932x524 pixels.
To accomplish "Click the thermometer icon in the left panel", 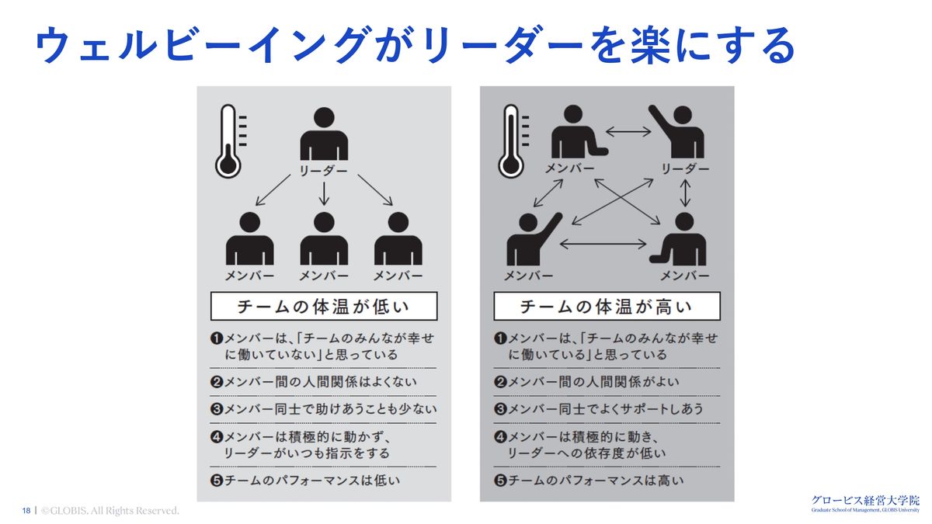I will click(228, 141).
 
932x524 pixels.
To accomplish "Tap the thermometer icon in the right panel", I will click(510, 141).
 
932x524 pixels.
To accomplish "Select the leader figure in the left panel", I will click(324, 135).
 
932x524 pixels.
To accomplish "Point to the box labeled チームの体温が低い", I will click(324, 307).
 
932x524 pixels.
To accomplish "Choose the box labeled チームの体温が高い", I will click(607, 307).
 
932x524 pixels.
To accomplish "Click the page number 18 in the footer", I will click(26, 511).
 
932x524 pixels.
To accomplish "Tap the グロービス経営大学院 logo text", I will click(864, 500).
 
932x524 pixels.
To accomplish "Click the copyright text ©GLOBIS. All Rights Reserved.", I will click(110, 511).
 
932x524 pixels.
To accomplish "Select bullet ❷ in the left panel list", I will click(217, 382).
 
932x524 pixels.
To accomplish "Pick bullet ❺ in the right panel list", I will click(501, 481).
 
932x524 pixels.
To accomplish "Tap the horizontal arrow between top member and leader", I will click(628, 132).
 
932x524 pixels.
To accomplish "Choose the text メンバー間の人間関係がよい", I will click(593, 382).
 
